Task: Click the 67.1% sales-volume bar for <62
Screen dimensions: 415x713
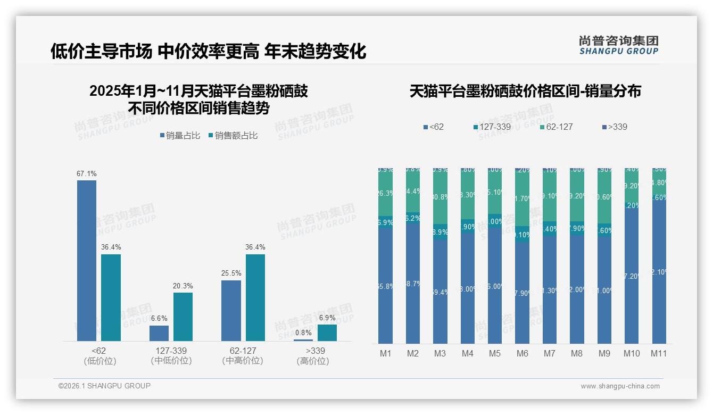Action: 87,261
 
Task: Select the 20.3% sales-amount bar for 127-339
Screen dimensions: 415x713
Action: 183,317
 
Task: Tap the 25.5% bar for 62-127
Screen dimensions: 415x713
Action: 231,310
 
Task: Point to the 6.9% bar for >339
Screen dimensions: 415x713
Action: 327,333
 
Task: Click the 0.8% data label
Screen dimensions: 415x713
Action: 303,333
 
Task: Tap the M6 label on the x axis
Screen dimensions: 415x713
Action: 522,353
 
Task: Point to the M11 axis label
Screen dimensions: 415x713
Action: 659,353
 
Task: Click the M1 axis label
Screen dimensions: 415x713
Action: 385,353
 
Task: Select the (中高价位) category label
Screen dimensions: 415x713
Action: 243,361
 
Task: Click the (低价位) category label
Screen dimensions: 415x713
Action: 100,361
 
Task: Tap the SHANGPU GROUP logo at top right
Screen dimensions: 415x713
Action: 618,45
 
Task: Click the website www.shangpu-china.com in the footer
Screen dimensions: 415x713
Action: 620,386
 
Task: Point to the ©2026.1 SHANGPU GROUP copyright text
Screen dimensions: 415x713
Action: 104,386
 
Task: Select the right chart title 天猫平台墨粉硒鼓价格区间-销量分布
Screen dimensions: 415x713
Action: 525,92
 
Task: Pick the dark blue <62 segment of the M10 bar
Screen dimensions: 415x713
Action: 632,277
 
